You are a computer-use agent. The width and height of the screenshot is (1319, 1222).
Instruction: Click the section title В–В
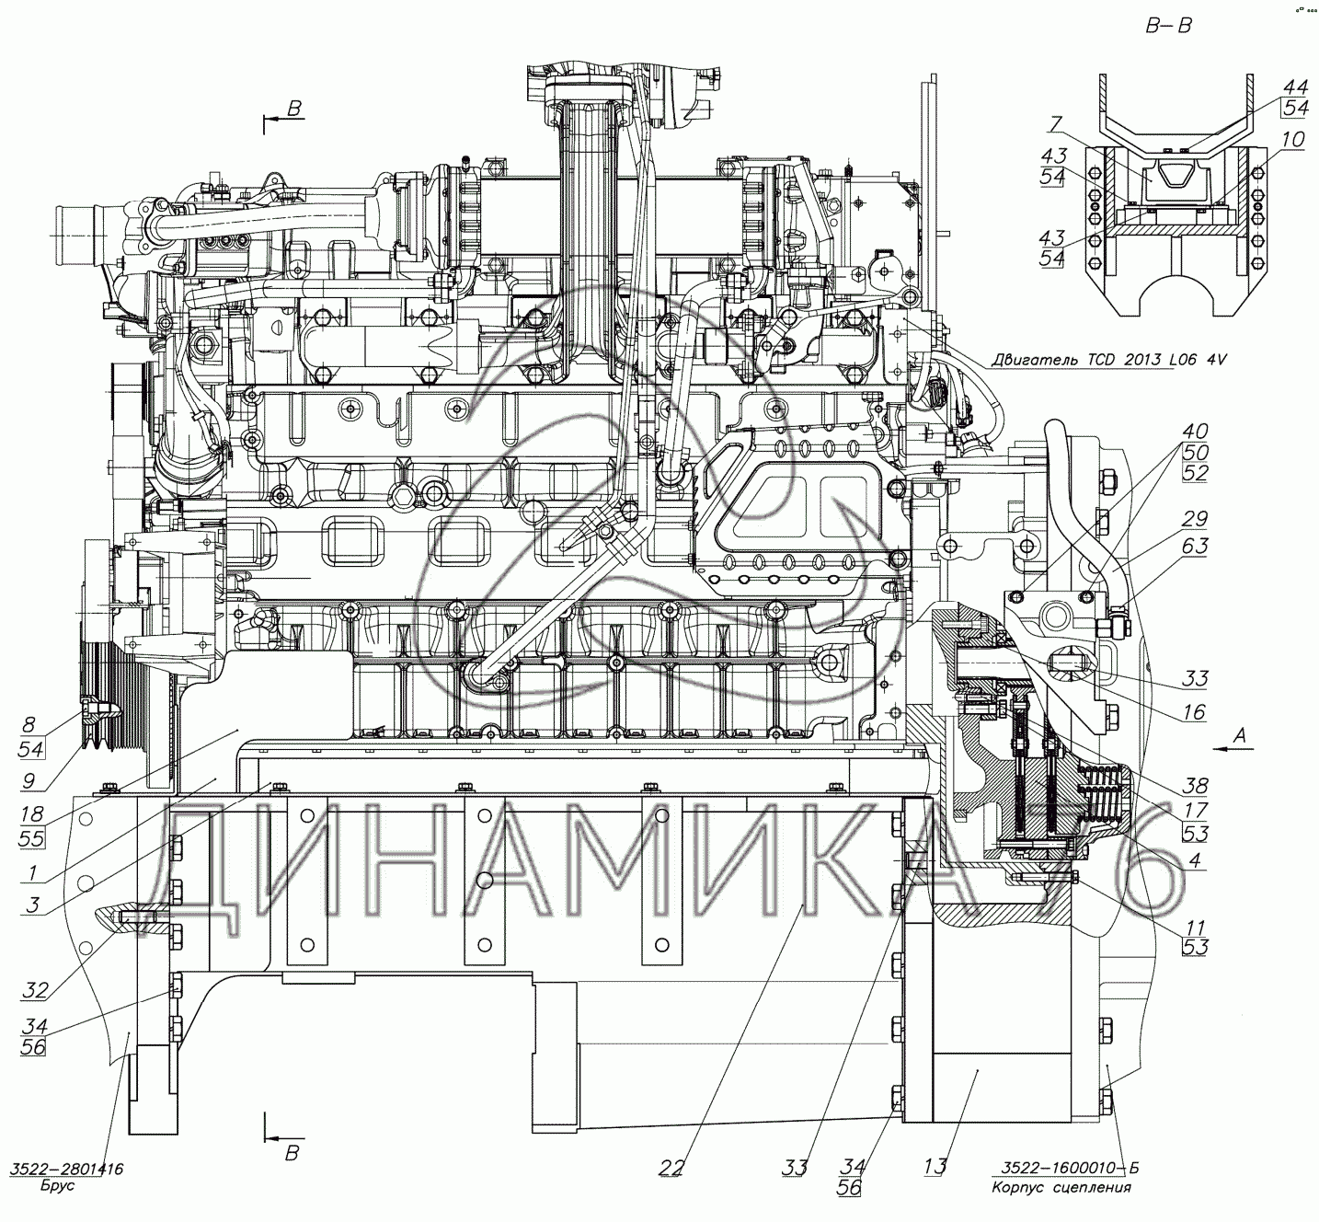click(x=1169, y=25)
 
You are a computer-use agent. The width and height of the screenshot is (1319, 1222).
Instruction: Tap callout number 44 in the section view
click(x=1295, y=86)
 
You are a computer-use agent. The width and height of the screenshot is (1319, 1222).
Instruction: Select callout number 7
click(x=1056, y=123)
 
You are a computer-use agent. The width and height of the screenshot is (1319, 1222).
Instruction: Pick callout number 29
click(x=1195, y=518)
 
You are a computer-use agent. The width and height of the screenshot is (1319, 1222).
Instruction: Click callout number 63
click(x=1195, y=547)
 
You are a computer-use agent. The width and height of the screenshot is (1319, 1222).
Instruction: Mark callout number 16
click(x=1194, y=712)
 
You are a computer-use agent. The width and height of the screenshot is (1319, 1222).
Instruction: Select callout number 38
click(x=1195, y=786)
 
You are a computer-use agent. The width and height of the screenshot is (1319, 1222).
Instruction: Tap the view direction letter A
click(x=1239, y=735)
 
